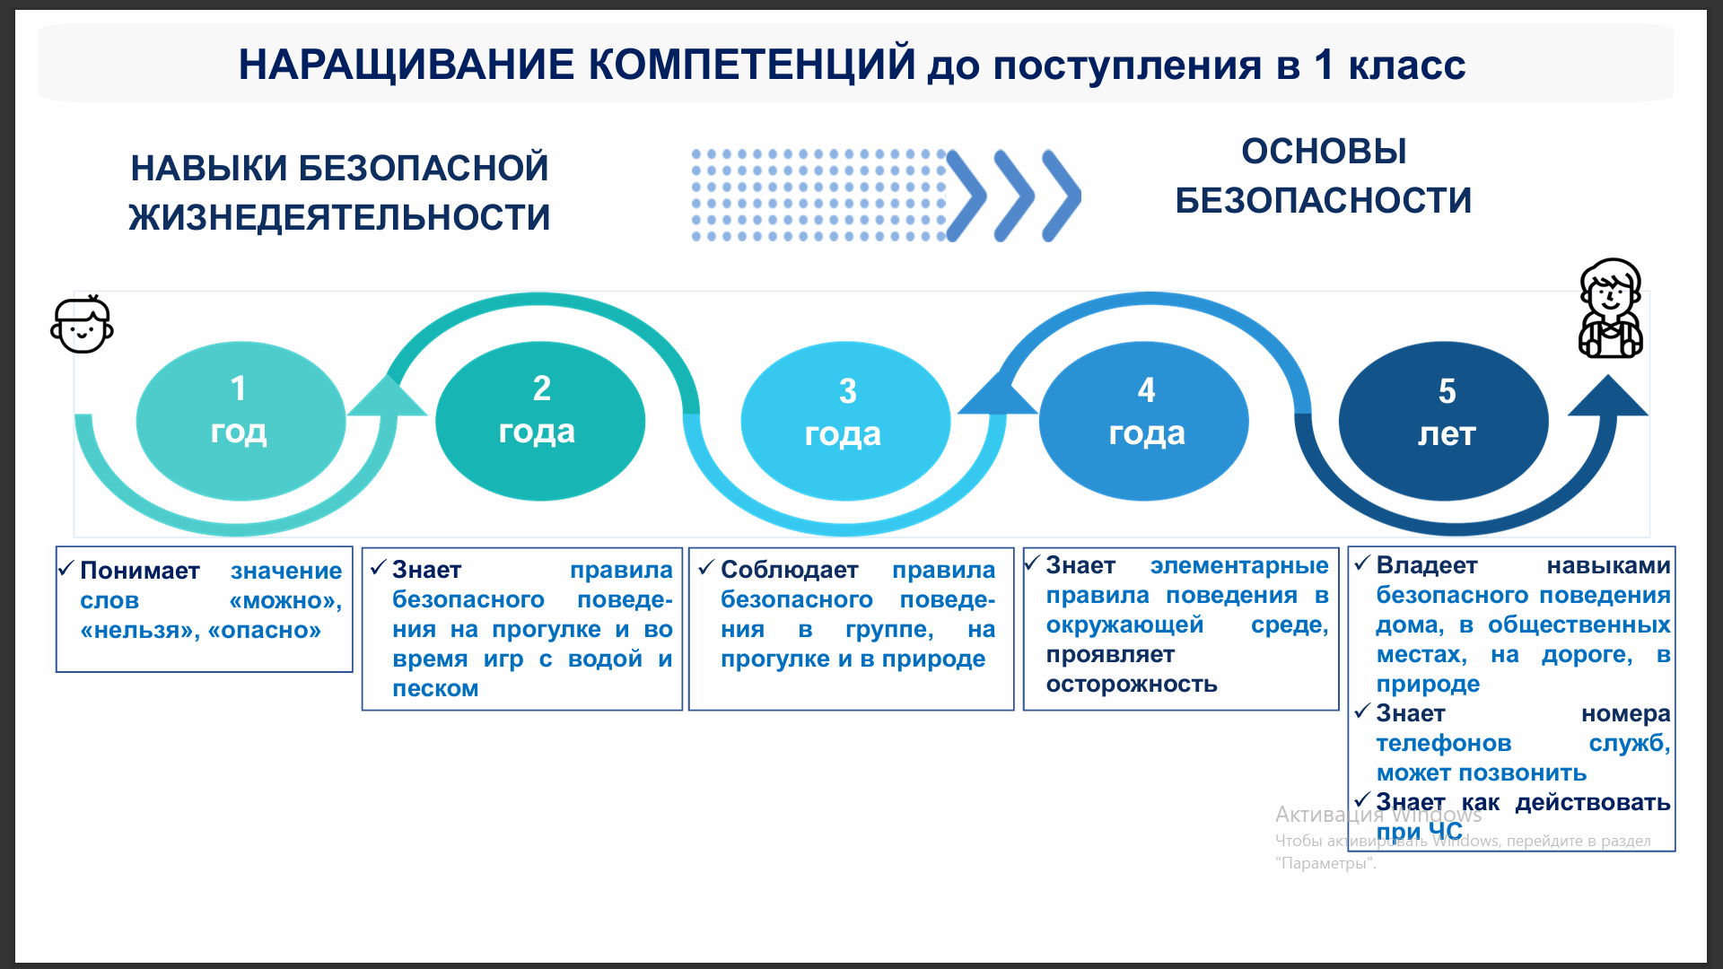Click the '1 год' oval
pos(241,421)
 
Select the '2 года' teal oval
pos(540,421)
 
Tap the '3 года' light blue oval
pos(845,421)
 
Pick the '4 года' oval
pos(1144,421)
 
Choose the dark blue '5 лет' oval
pos(1444,421)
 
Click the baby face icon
pos(82,324)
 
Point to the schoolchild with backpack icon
pos(1611,308)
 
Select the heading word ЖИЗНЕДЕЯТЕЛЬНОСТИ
pos(339,218)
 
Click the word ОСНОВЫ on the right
pos(1324,152)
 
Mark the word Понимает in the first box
pos(140,571)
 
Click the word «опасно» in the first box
pos(265,631)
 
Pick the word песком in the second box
pos(435,689)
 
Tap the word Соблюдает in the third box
pos(790,570)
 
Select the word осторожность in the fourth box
pos(1132,685)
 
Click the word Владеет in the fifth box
pos(1427,566)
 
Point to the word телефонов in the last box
pos(1444,744)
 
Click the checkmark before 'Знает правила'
pos(378,567)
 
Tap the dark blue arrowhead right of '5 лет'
pos(1608,396)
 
